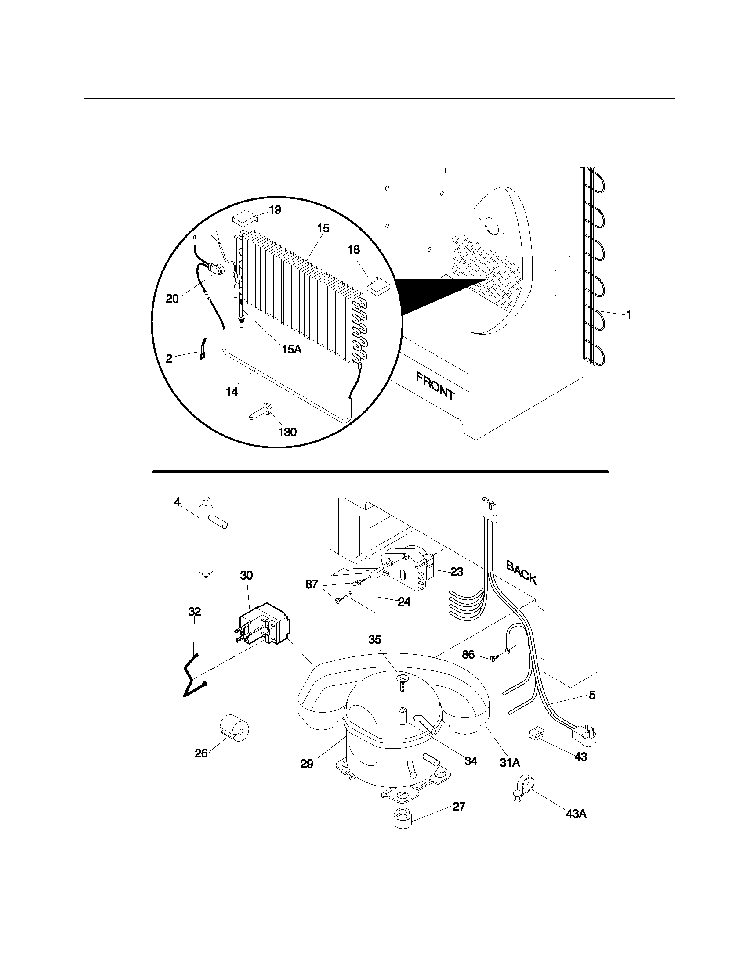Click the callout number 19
(275, 209)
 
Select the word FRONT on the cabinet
(435, 386)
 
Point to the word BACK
(522, 573)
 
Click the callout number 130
(287, 432)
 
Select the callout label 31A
(509, 763)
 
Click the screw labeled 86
(493, 670)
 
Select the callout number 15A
(291, 349)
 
